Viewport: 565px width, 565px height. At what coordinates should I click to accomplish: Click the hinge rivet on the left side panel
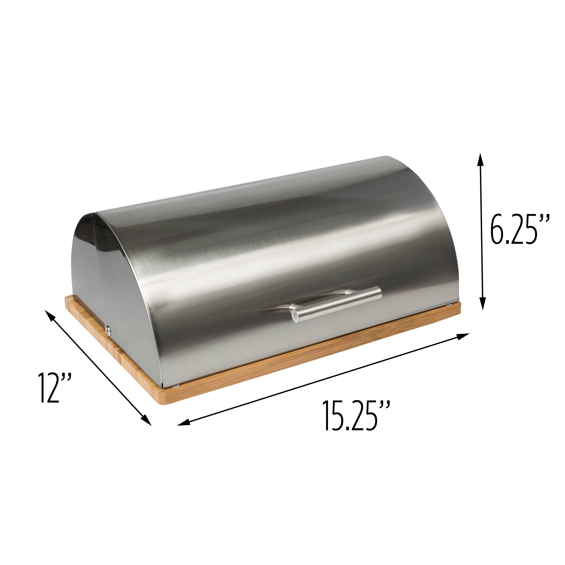click(x=109, y=329)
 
